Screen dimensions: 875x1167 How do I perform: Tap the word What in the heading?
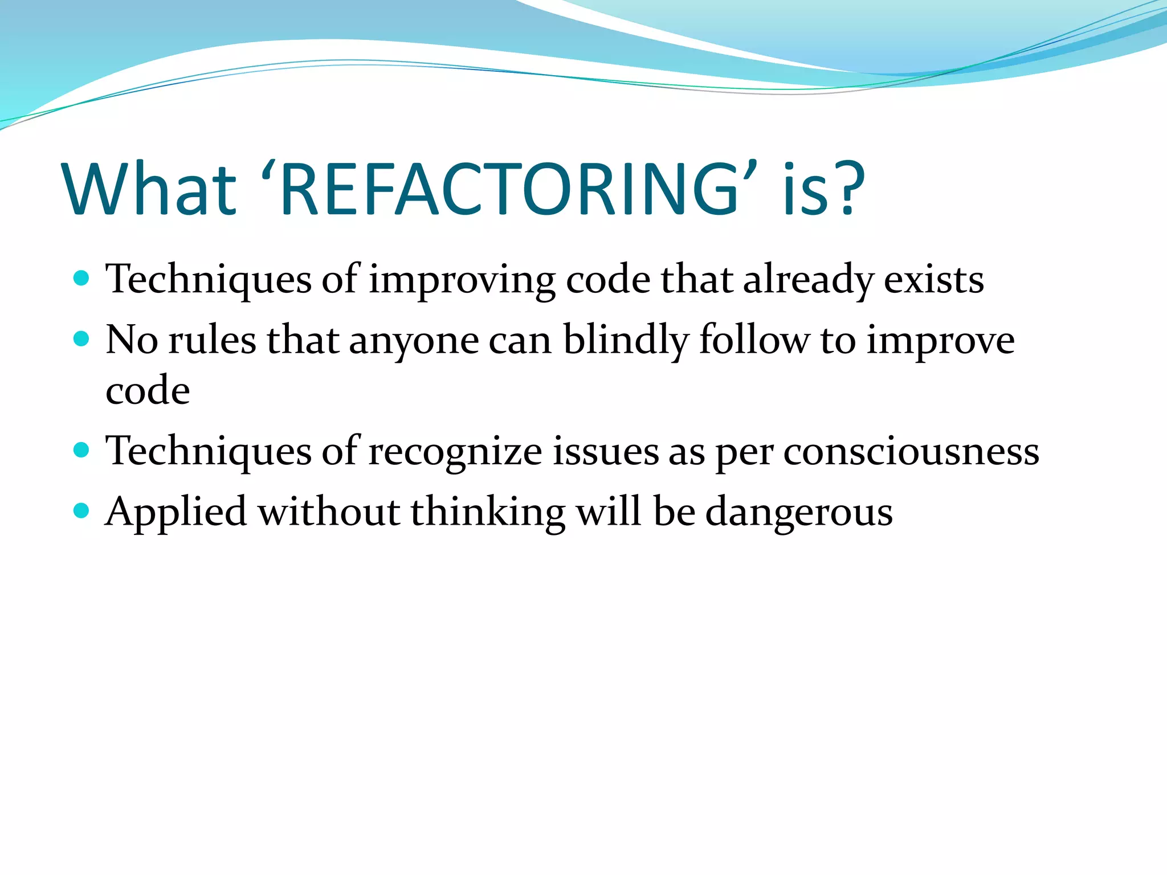click(149, 190)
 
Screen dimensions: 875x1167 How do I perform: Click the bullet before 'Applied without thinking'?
click(82, 510)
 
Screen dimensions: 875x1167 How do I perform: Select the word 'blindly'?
click(626, 341)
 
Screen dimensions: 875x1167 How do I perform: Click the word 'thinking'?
click(488, 512)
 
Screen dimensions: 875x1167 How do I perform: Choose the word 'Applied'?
click(176, 512)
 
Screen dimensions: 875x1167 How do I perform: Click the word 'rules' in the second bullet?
click(213, 341)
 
